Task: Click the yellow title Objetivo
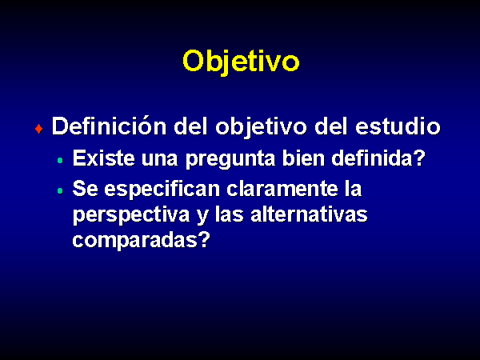[x=241, y=62]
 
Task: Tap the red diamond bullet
[x=39, y=129]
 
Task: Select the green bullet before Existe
[x=60, y=160]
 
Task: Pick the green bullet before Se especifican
[x=60, y=190]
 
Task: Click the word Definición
[x=110, y=126]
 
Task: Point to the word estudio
[x=398, y=126]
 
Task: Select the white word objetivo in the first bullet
[x=261, y=127]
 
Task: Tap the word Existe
[x=103, y=158]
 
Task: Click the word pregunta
[x=230, y=159]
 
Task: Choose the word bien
[x=303, y=158]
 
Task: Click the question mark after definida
[x=419, y=158]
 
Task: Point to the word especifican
[x=162, y=190]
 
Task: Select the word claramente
[x=282, y=189]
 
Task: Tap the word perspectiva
[x=131, y=215]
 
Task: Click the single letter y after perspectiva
[x=202, y=218]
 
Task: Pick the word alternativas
[x=309, y=214]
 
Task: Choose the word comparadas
[x=135, y=241]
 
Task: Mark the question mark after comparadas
[x=204, y=240]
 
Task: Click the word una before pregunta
[x=160, y=160]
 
